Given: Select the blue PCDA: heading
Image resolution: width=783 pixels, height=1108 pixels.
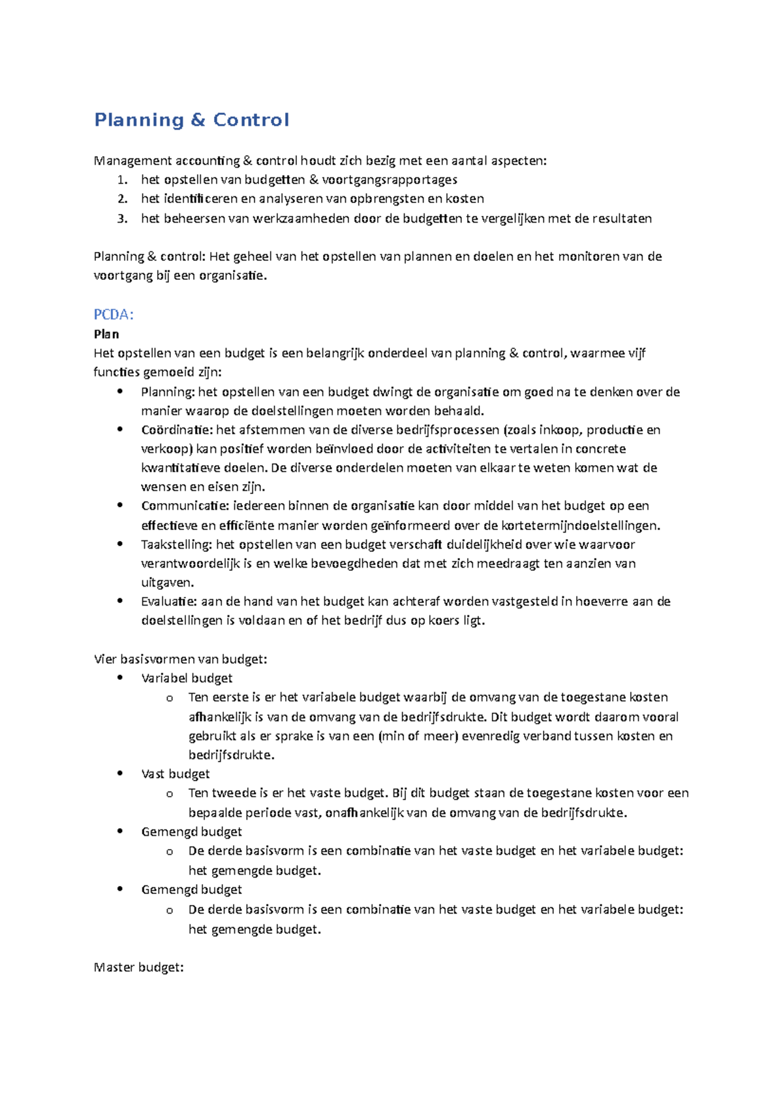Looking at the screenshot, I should click(x=114, y=315).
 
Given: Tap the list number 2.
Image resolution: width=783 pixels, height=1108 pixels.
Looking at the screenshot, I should click(x=122, y=199).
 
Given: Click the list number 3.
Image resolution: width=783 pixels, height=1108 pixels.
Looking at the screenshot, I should click(x=122, y=219).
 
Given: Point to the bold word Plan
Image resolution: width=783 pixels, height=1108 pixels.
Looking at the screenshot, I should click(x=106, y=334).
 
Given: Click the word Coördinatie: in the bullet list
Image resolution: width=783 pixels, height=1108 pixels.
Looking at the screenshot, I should click(x=177, y=430).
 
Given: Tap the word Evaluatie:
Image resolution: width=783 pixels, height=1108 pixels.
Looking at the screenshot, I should click(x=169, y=602).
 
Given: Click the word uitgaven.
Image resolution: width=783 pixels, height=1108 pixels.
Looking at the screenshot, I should click(x=167, y=582).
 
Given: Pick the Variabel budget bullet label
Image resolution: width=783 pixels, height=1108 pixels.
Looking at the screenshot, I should click(x=187, y=678).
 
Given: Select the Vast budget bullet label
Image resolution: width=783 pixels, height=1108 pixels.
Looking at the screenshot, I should click(x=176, y=774).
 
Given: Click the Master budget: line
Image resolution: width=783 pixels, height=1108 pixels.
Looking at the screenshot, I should click(x=138, y=967).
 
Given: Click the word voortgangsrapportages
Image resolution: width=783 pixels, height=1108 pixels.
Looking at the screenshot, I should click(x=390, y=179).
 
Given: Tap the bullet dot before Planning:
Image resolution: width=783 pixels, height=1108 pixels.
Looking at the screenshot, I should click(x=119, y=392).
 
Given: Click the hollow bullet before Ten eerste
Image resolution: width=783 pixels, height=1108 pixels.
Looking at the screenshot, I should click(x=169, y=698).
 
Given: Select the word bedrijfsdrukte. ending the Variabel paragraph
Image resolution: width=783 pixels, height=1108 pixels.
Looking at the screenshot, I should click(x=231, y=755).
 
